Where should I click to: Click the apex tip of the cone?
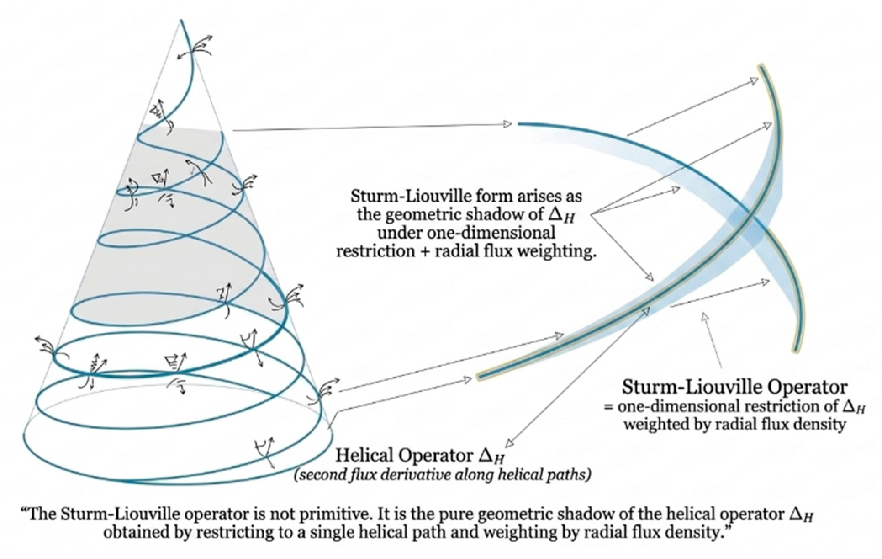coord(181,19)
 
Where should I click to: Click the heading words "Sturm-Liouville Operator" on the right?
coord(734,387)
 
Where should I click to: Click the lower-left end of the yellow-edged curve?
coord(480,376)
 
